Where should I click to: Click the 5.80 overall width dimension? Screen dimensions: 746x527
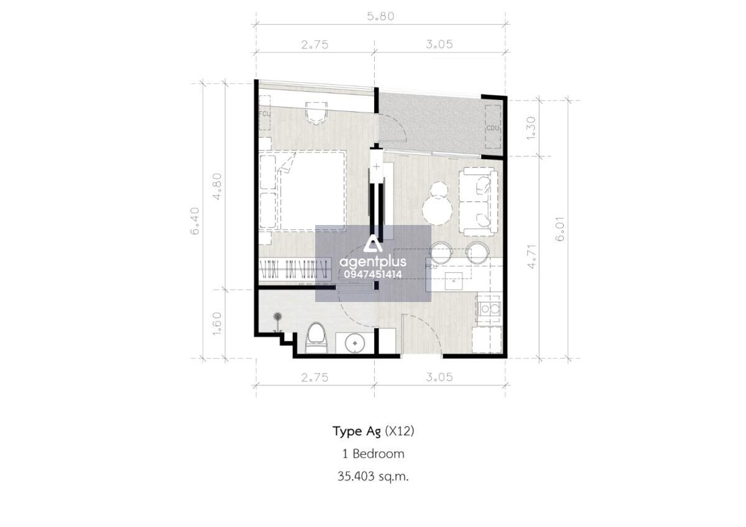tap(380, 16)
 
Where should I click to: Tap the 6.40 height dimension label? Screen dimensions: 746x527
tap(195, 221)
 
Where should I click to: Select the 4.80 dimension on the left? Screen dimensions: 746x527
tap(217, 186)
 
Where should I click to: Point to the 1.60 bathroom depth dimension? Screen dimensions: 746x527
tap(217, 324)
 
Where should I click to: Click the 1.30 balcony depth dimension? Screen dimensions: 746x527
tap(532, 128)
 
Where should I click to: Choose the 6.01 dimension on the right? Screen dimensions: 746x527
tap(560, 229)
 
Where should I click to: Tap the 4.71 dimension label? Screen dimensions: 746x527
tap(532, 257)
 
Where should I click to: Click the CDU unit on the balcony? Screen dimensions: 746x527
tap(493, 127)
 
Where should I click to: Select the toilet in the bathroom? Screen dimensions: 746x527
tap(316, 337)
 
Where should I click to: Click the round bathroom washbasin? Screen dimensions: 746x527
tap(354, 342)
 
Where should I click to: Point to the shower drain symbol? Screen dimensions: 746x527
tap(277, 316)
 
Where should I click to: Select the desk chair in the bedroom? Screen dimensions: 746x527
tap(316, 113)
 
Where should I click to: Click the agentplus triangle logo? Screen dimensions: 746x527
tap(373, 245)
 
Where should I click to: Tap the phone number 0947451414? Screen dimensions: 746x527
tap(373, 274)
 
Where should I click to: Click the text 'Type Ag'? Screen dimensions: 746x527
tap(356, 432)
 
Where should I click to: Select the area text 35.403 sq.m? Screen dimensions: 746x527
tap(373, 477)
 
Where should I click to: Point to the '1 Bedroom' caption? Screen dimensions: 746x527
tap(374, 454)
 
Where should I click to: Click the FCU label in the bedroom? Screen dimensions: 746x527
tap(265, 114)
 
